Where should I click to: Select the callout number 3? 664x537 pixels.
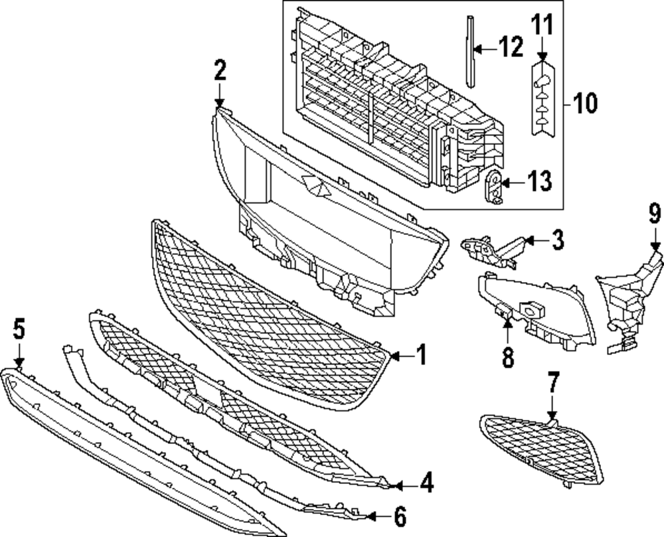(556, 240)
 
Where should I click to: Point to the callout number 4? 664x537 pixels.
(426, 484)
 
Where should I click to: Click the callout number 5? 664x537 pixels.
(19, 329)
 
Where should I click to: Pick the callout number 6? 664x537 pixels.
(400, 516)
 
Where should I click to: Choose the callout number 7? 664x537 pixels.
(553, 384)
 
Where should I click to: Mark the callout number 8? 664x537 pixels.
(507, 358)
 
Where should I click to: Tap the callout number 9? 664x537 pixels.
(655, 214)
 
